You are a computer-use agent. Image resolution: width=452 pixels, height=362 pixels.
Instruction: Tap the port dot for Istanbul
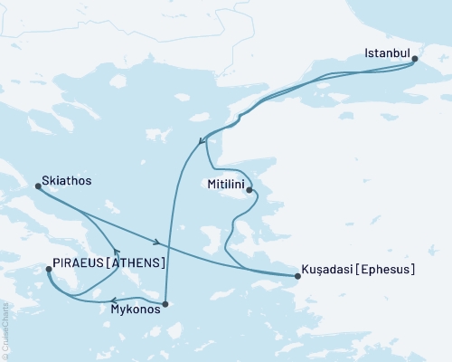click(x=415, y=61)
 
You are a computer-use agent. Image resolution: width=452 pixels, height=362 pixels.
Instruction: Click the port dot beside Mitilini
click(x=250, y=191)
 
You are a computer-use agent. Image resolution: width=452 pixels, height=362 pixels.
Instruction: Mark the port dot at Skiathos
click(x=38, y=186)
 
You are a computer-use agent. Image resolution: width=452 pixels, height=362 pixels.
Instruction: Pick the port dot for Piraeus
click(x=48, y=269)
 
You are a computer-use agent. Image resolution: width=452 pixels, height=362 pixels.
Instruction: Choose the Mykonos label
click(x=137, y=309)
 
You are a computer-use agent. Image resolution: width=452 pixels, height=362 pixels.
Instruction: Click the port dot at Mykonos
click(x=165, y=304)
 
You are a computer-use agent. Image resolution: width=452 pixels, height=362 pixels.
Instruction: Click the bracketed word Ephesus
click(x=388, y=269)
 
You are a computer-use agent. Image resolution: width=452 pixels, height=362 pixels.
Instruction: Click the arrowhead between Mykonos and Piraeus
click(x=111, y=301)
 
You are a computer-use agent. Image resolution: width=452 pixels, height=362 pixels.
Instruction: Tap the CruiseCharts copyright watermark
click(x=5, y=336)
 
